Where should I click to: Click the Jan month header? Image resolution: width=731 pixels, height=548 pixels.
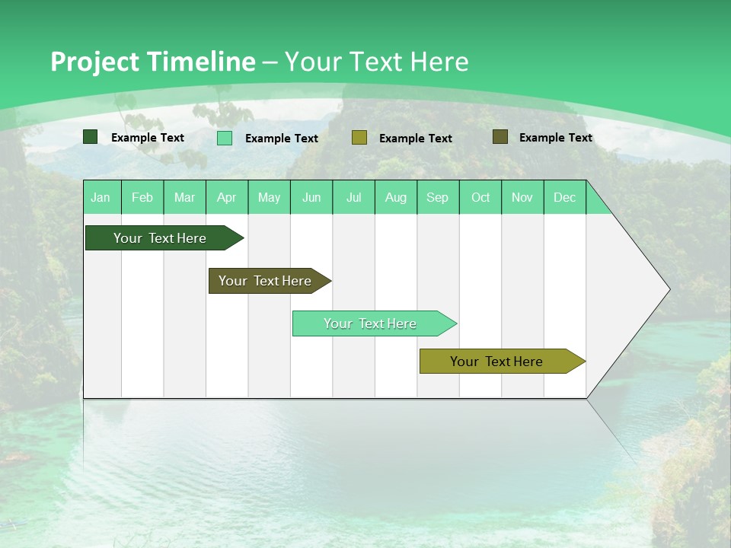(101, 197)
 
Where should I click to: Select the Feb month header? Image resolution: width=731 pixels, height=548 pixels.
(142, 197)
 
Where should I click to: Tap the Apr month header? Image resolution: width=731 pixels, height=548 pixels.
(227, 197)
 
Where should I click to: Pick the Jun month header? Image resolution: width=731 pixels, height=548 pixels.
(311, 197)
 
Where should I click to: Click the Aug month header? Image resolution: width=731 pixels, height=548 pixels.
(396, 197)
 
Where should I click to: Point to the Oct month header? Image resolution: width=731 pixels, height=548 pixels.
(480, 197)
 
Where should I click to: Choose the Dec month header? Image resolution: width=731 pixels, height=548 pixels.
(565, 197)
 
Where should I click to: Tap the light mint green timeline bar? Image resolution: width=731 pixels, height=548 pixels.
(371, 323)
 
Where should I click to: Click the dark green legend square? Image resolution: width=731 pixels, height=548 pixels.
(91, 137)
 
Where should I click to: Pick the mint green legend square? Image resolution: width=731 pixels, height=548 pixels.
(225, 138)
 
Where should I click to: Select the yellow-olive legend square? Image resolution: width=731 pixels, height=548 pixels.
(359, 138)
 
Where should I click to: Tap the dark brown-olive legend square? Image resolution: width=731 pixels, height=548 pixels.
(500, 137)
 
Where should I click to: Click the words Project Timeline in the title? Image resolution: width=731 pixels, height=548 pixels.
(152, 62)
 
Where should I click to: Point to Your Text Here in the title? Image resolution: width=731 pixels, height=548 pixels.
(376, 62)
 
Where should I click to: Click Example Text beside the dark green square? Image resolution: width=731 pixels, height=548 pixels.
(148, 138)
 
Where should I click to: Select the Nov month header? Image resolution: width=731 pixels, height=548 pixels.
(522, 197)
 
